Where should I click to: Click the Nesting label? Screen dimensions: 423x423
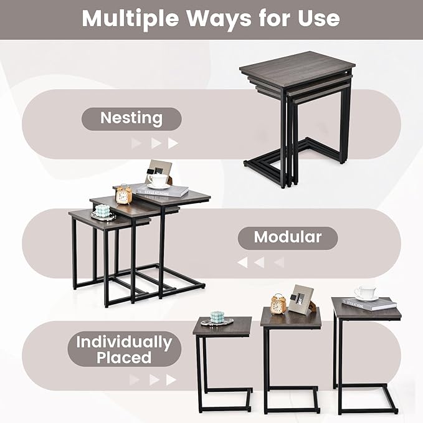[x=131, y=118]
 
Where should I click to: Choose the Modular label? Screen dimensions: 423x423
[x=287, y=237]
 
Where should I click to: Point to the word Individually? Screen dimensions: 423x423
[x=124, y=342]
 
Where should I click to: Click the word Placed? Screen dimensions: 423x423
[x=124, y=358]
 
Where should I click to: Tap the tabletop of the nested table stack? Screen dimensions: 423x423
[x=297, y=65]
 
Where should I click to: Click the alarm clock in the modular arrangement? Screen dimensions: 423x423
[x=124, y=195]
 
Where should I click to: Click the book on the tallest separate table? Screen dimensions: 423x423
[x=369, y=304]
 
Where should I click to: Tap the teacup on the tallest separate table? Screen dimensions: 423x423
[x=365, y=293]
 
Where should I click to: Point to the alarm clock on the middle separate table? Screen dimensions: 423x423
[x=278, y=304]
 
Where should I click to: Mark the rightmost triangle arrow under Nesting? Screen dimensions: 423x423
[x=173, y=143]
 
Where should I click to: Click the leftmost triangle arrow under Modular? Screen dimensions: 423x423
[x=242, y=262]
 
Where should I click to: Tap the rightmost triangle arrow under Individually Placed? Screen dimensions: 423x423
[x=171, y=380]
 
